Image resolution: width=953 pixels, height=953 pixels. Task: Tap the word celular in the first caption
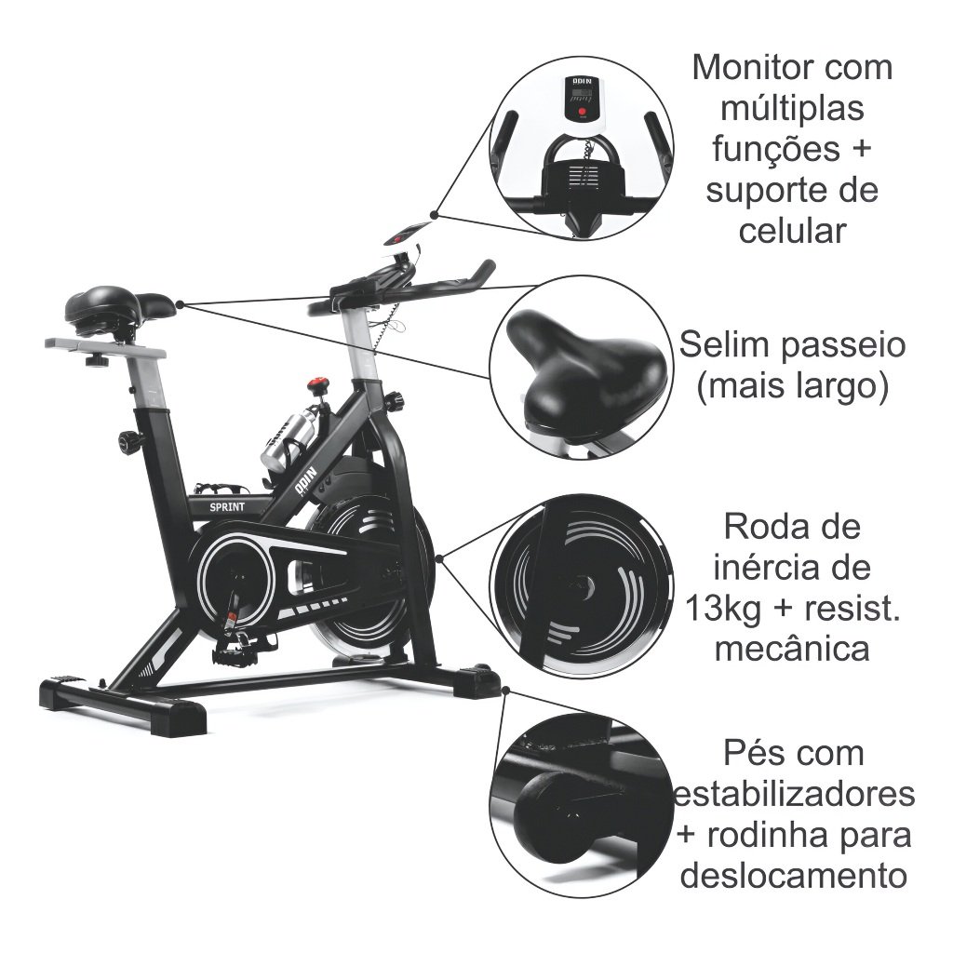792,230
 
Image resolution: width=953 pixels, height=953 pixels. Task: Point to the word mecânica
792,649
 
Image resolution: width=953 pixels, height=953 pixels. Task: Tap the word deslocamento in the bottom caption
792,875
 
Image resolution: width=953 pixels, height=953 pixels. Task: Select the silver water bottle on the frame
284,441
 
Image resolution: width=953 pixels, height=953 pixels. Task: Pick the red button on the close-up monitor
582,114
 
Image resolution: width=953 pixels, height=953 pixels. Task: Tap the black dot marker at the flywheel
437,558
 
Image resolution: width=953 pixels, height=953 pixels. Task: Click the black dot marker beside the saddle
179,303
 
